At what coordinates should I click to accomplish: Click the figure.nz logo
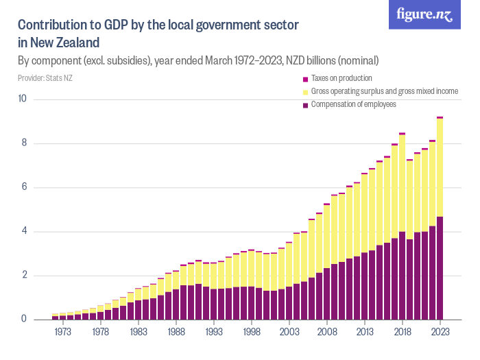click(424, 14)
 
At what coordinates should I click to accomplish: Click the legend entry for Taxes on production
click(341, 78)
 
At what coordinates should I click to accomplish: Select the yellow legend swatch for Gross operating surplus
click(305, 92)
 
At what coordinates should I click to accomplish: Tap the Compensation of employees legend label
click(353, 104)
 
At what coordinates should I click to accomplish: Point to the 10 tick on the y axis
click(22, 99)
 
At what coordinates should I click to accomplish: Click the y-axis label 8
click(24, 143)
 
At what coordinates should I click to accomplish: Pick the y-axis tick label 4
click(24, 232)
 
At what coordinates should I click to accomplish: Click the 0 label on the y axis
click(24, 320)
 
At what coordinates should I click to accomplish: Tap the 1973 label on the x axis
click(63, 333)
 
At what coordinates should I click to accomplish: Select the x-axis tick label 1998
click(252, 333)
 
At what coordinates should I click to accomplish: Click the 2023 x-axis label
click(440, 333)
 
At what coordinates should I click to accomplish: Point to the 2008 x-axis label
click(327, 333)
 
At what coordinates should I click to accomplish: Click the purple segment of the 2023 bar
click(440, 268)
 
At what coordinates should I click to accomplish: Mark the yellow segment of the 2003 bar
click(289, 265)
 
